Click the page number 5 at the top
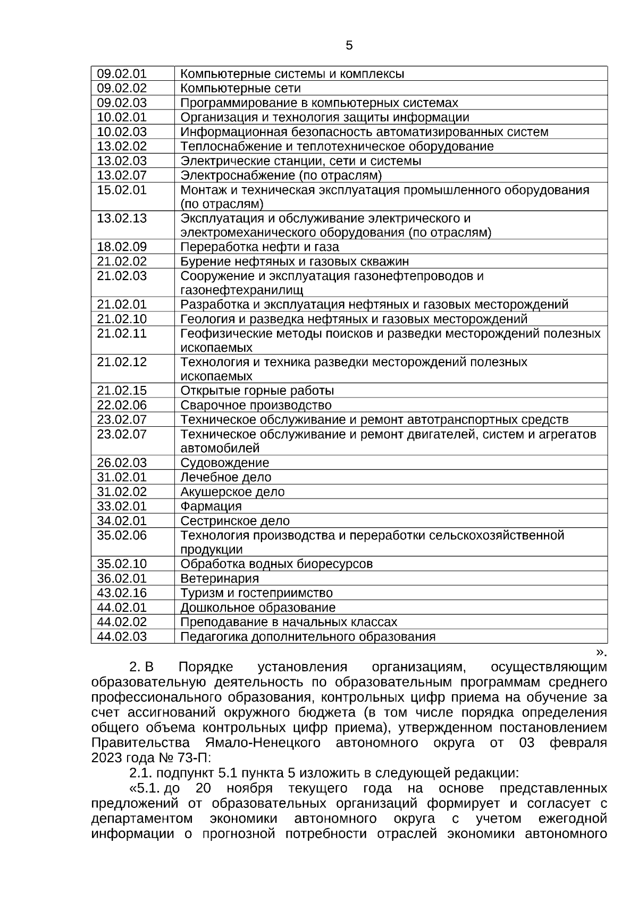click(x=349, y=46)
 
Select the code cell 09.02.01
click(x=122, y=74)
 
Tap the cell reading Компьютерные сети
click(x=240, y=88)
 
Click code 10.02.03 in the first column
click(x=122, y=132)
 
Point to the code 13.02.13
click(x=122, y=218)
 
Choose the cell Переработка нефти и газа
click(x=259, y=247)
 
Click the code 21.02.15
click(x=122, y=391)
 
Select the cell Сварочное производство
click(x=256, y=406)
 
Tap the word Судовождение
click(x=224, y=463)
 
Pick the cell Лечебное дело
click(x=225, y=477)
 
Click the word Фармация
click(x=211, y=507)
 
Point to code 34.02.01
click(x=122, y=521)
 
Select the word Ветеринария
click(x=220, y=579)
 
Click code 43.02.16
click(x=122, y=593)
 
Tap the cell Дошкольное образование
click(x=258, y=608)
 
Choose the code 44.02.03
click(x=122, y=637)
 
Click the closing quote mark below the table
click(x=601, y=652)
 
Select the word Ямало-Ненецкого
click(x=262, y=743)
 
